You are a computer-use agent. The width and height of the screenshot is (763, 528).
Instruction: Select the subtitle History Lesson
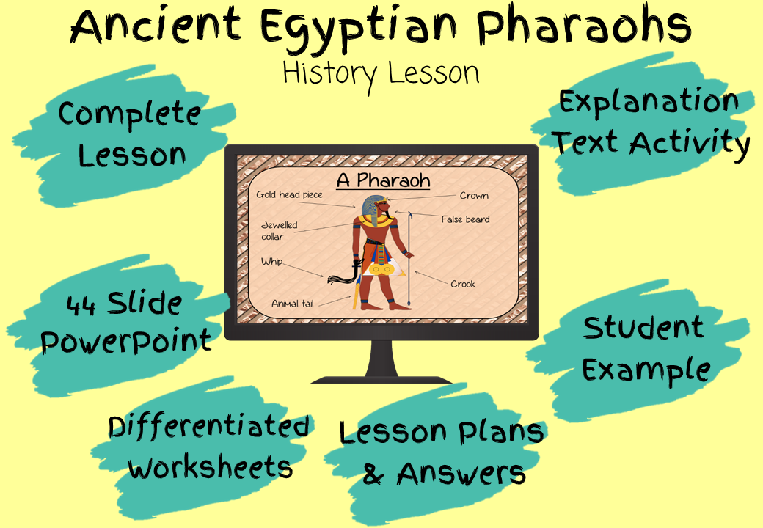point(381,74)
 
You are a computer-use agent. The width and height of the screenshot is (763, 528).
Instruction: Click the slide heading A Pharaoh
point(384,180)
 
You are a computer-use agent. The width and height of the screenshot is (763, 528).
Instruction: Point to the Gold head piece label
point(289,195)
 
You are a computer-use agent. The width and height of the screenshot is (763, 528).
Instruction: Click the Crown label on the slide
point(474,196)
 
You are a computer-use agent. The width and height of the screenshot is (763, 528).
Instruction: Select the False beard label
point(465,219)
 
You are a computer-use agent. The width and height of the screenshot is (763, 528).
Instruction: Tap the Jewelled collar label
point(279,230)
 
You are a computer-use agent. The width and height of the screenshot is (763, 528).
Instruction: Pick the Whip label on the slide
point(271,262)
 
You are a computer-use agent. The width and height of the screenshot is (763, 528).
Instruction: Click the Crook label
point(463,284)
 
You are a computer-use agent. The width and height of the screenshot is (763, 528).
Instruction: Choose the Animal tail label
point(293,304)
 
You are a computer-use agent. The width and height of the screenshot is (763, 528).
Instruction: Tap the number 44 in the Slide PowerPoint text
point(81,305)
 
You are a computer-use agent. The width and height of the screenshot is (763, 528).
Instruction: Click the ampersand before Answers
point(373,474)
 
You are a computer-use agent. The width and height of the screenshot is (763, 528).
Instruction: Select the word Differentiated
point(209,426)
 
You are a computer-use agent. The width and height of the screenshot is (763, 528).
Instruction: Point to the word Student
point(643,327)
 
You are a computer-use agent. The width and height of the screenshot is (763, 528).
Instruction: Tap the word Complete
point(129,114)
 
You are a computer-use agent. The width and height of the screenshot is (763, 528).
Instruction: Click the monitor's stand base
point(381,380)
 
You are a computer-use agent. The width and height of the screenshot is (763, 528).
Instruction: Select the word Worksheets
point(211,467)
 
